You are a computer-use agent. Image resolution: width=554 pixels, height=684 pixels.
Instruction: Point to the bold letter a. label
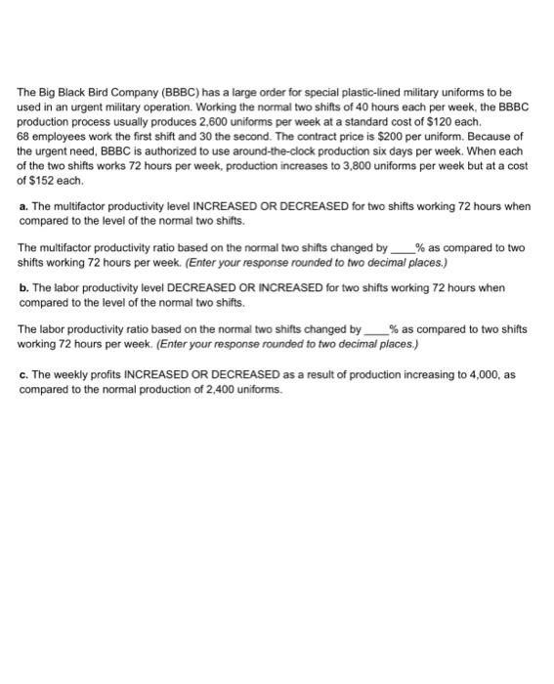click(24, 208)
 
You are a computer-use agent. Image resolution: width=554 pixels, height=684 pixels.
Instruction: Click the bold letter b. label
click(24, 288)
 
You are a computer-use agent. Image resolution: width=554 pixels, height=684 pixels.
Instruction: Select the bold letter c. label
click(24, 376)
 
